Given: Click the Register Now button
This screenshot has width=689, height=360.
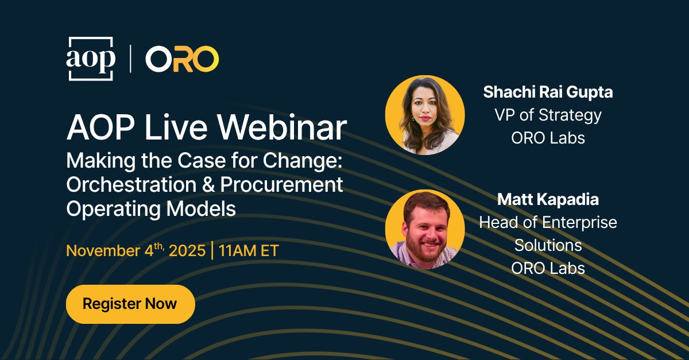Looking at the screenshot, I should tap(130, 304).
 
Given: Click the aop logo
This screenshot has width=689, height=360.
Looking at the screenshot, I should tap(91, 59).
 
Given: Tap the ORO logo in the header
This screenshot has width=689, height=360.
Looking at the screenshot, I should tap(182, 59).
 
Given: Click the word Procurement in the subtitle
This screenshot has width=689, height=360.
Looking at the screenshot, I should tap(281, 184).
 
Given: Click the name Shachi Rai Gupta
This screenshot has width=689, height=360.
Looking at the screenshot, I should tap(548, 92).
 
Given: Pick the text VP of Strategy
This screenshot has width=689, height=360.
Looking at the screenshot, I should tap(548, 115).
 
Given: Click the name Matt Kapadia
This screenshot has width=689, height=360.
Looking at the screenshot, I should tap(548, 199).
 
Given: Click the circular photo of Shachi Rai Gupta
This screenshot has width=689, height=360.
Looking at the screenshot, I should tap(425, 114).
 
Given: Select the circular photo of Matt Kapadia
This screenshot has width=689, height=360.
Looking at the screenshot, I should tap(425, 229).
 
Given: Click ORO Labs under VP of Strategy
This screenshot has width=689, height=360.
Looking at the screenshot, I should tap(548, 138).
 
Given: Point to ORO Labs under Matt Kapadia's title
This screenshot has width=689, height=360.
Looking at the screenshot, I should tap(548, 268).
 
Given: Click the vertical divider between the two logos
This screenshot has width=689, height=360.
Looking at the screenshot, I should tap(130, 59).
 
